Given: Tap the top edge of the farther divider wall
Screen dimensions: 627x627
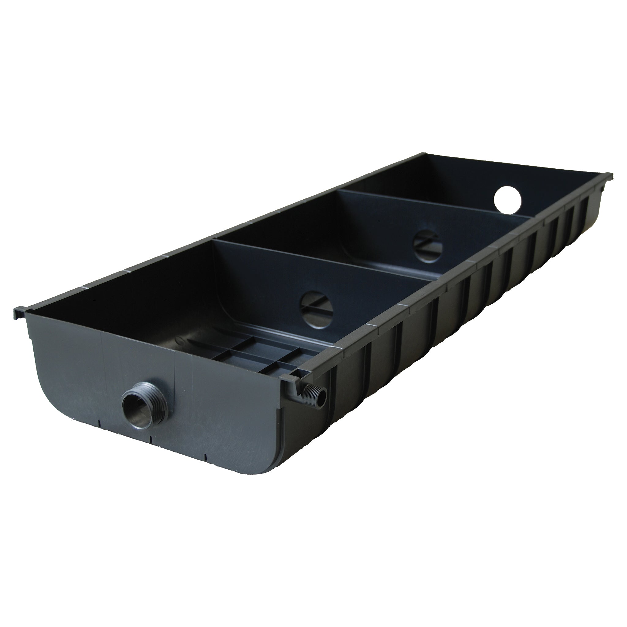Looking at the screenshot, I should (x=432, y=203).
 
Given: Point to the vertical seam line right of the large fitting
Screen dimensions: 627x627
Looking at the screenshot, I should (x=175, y=373).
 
